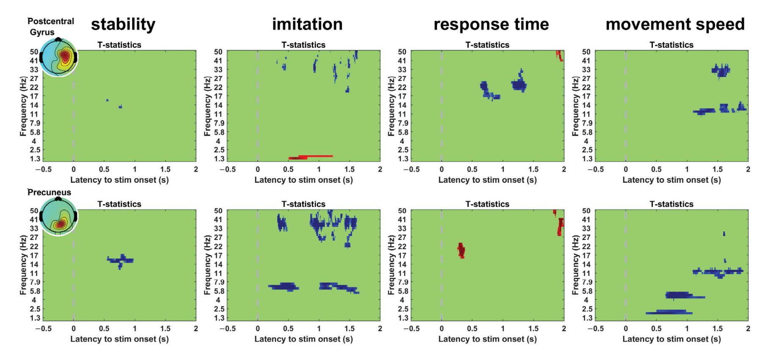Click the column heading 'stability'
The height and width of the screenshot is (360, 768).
[123, 25]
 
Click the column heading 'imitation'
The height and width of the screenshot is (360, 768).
[307, 25]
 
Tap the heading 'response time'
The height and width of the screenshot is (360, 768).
[491, 25]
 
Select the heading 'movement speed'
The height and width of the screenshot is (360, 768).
[675, 25]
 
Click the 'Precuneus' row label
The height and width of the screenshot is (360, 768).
[50, 192]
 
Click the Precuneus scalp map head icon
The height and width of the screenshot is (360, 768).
[58, 217]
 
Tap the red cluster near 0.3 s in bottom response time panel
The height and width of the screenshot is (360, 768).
[461, 250]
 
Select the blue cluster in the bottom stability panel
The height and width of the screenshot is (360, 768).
[121, 261]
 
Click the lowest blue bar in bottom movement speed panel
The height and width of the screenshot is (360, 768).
[669, 313]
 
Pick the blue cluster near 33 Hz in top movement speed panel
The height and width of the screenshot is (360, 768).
[721, 70]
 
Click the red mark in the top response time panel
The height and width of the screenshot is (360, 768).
[559, 55]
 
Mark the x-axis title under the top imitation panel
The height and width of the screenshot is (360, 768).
[303, 180]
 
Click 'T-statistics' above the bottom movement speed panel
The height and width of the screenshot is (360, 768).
[671, 204]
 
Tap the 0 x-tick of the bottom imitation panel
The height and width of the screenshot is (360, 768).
[258, 328]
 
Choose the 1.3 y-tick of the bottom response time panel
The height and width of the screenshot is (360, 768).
[402, 318]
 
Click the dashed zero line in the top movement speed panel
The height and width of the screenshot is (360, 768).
[625, 106]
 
